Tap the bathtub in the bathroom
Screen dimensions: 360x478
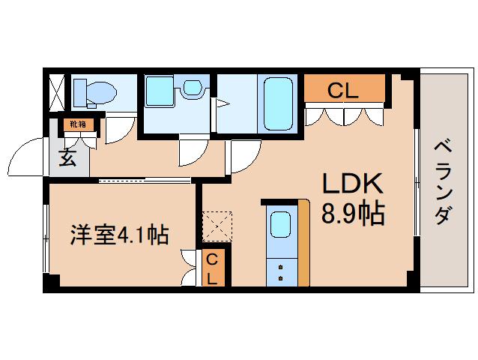[279, 103]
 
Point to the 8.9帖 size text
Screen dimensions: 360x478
[353, 214]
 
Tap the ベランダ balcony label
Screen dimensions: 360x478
[443, 180]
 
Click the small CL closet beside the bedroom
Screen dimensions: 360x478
[213, 268]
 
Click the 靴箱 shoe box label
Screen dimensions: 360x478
[77, 124]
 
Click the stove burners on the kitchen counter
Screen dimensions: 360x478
[281, 271]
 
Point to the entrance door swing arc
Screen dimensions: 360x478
[28, 156]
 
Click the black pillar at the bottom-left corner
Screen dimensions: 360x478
[50, 283]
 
